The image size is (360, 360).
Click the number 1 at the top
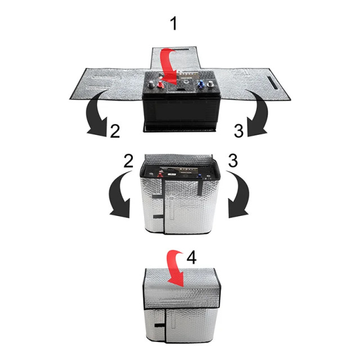point(174,24)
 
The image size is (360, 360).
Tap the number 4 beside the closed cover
point(191,258)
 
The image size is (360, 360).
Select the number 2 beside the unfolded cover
point(115,131)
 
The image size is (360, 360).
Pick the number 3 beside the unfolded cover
point(238,131)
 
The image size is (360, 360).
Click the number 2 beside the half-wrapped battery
point(128,161)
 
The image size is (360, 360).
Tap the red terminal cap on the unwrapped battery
point(160,85)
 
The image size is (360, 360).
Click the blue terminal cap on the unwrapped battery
point(201,84)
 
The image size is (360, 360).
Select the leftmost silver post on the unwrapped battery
point(151,84)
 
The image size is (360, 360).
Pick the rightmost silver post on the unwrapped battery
point(210,84)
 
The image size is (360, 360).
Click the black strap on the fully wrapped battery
point(159,325)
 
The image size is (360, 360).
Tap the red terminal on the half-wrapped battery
point(160,175)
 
